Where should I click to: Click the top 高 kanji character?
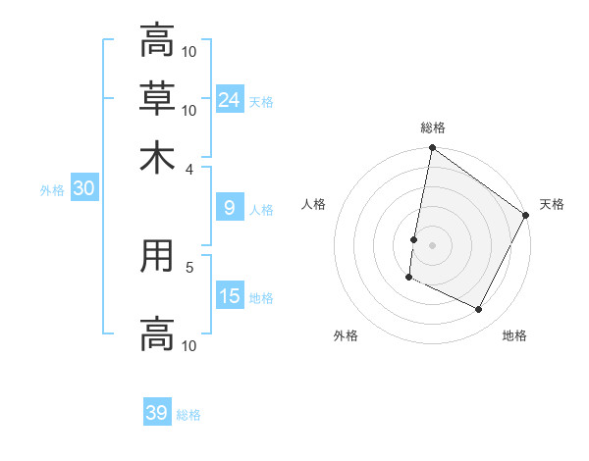click(x=157, y=41)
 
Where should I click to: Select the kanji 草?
click(x=157, y=98)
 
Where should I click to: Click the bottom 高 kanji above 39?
click(x=157, y=333)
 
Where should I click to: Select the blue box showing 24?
click(x=230, y=99)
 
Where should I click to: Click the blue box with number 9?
click(x=230, y=208)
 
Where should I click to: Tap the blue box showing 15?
click(x=230, y=296)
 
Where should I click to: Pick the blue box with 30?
click(x=83, y=189)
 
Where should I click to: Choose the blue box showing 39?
click(x=157, y=413)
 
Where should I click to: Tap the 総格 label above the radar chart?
click(x=433, y=128)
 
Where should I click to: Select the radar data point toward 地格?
click(x=479, y=310)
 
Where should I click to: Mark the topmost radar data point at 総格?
click(x=432, y=149)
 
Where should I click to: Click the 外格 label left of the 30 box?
click(x=51, y=190)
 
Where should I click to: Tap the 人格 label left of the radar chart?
click(x=314, y=204)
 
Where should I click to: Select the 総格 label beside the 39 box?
click(x=188, y=415)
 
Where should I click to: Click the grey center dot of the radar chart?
click(x=432, y=244)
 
